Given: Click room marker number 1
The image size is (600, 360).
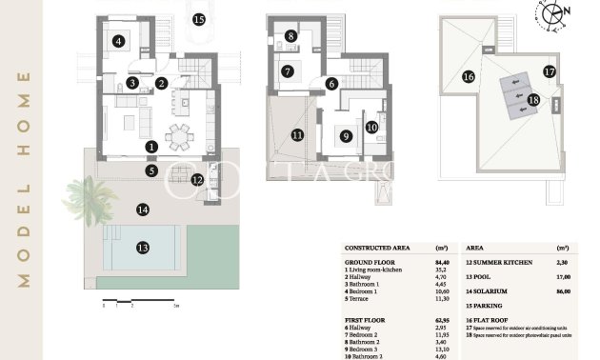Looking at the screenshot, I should point(151,147).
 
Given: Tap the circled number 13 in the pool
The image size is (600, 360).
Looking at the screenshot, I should point(143,248).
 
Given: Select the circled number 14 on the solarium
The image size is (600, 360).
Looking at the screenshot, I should point(143,209).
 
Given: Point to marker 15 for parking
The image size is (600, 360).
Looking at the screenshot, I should point(198,19).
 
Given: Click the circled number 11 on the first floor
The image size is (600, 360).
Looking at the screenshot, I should point(297,135).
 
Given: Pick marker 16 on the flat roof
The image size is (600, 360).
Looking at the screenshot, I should point(468,76).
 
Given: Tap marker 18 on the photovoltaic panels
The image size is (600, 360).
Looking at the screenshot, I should point(533,99).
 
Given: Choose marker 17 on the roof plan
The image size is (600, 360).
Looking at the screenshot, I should point(550,70).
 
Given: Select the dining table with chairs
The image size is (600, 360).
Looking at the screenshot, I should point(178,135).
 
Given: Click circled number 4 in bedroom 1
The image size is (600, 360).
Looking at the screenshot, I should point(118,41).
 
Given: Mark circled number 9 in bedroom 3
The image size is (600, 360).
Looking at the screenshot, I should point(347,136).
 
